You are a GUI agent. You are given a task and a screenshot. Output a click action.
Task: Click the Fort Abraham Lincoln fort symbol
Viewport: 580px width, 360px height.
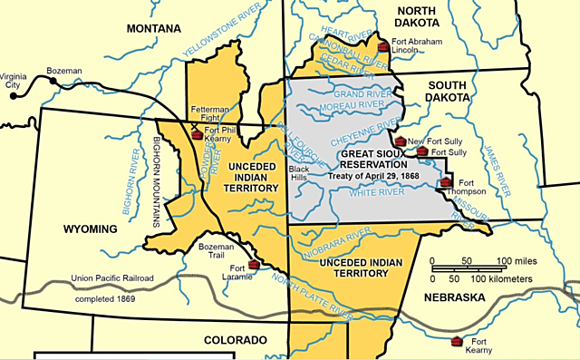click(x=382, y=45)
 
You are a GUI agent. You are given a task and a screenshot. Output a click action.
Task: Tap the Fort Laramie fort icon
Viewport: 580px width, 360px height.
click(x=254, y=264)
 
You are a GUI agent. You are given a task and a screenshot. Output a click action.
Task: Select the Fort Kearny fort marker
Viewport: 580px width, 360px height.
click(x=457, y=341)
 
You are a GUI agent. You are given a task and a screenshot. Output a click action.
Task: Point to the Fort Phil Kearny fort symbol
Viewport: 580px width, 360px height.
click(x=196, y=134)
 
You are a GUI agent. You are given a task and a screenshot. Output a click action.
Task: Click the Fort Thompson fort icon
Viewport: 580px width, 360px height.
click(x=445, y=184)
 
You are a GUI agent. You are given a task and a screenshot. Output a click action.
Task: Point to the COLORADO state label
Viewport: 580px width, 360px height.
click(x=236, y=340)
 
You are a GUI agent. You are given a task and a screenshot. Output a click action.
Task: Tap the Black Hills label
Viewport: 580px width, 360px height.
click(x=298, y=174)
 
